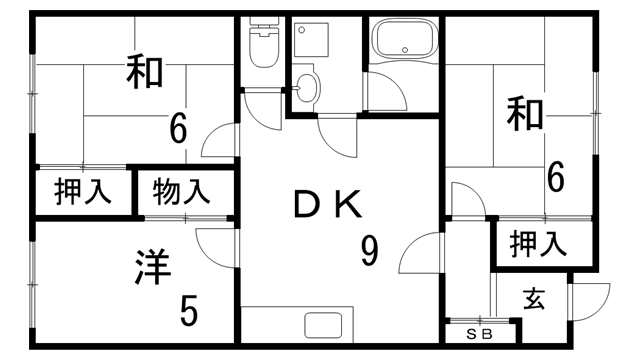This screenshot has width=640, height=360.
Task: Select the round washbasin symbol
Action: pos(307,88)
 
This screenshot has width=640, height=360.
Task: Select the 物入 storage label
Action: pos(182,190)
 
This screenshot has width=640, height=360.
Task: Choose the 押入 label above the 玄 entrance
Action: pos(538,243)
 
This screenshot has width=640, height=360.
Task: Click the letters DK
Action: pos(326,205)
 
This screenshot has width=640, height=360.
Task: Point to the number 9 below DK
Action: pos(369,252)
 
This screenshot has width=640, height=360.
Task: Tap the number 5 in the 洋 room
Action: pos(188,311)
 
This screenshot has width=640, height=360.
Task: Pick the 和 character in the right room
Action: pos(525,113)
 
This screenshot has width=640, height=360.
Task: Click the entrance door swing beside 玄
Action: pos(591,298)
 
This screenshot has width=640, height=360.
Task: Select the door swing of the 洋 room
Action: pos(216,246)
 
